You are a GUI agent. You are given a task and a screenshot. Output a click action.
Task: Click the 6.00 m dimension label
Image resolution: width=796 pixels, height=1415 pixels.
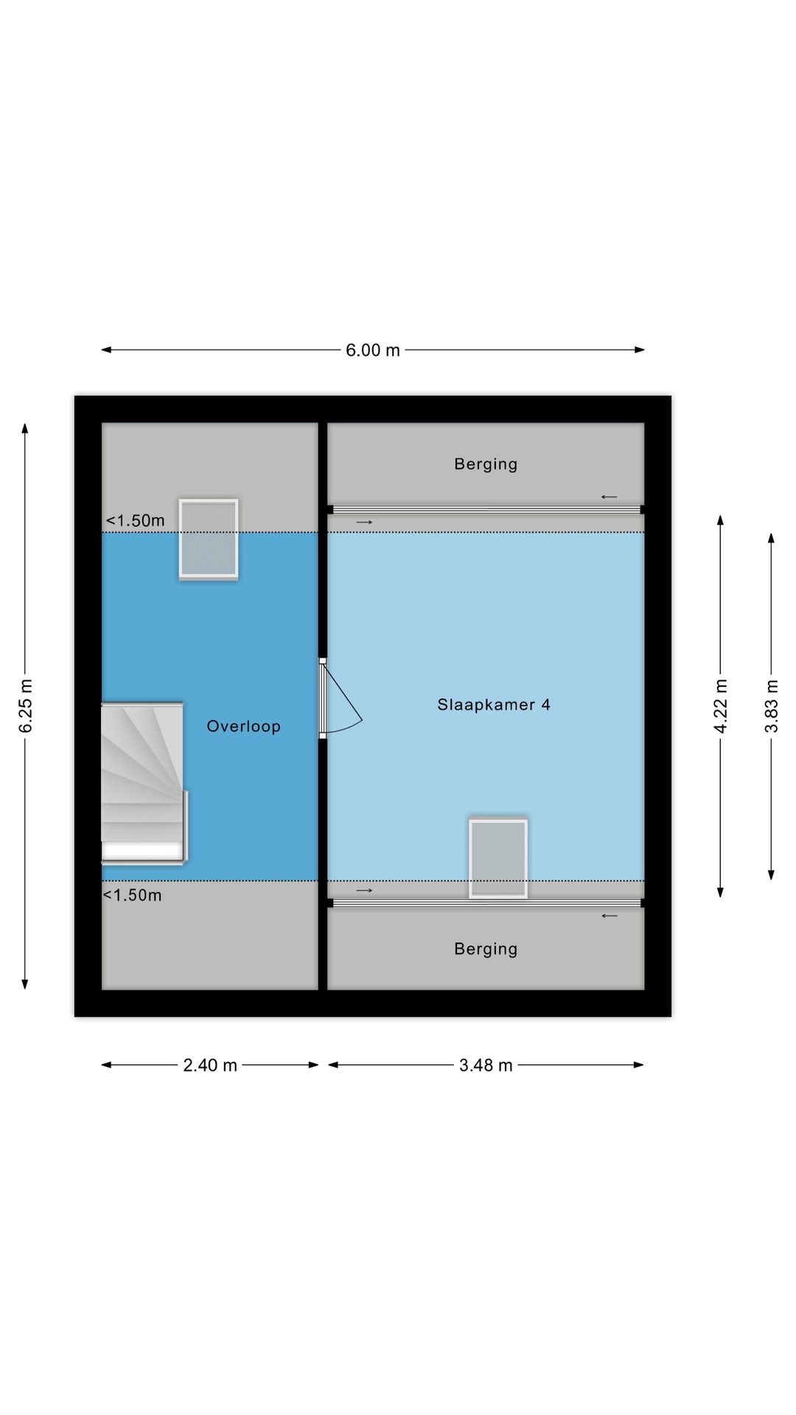coord(373,350)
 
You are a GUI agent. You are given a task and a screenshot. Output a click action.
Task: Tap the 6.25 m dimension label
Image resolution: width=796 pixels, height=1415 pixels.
coord(26,706)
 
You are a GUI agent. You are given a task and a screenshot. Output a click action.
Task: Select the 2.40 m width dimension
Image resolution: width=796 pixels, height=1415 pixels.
coord(210,1065)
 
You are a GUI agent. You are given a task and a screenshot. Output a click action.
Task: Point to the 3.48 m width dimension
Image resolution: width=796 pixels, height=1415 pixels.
coord(486,1065)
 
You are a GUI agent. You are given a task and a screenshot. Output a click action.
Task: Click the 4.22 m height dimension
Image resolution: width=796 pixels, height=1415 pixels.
coord(721,706)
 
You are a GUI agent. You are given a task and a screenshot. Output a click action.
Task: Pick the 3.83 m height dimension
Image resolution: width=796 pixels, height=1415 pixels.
coord(771,706)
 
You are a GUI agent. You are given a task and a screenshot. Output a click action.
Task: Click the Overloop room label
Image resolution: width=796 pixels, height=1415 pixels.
coord(243,727)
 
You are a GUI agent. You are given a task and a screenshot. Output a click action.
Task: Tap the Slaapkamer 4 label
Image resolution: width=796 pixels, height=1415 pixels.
coord(494,705)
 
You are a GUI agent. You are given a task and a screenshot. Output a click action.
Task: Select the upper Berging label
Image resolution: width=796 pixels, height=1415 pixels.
coord(486,464)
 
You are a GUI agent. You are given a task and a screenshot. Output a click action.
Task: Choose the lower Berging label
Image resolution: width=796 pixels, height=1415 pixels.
coord(486,949)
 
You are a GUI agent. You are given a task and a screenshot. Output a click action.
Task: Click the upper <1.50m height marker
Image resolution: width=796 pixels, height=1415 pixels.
coord(136,520)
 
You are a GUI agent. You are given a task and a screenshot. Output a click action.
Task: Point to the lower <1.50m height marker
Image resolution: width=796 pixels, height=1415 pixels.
coord(132,895)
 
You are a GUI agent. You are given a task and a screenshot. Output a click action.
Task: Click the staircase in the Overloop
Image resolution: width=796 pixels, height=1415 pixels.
coord(144,782)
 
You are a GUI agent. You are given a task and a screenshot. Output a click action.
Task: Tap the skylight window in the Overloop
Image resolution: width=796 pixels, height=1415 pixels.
coord(209,539)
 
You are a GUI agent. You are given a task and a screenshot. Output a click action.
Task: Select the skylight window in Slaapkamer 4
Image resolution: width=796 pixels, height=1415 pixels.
coord(498,859)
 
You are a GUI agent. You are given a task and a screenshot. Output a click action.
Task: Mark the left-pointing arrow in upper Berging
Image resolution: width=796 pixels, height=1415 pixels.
coord(609,497)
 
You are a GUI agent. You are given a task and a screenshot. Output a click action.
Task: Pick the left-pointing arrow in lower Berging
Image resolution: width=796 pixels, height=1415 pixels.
coord(610,916)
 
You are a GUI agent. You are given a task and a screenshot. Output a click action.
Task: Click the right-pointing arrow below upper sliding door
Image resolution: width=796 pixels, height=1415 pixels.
coord(364,523)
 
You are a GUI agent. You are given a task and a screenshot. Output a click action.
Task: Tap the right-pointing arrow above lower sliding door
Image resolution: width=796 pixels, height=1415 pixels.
coord(364,890)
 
